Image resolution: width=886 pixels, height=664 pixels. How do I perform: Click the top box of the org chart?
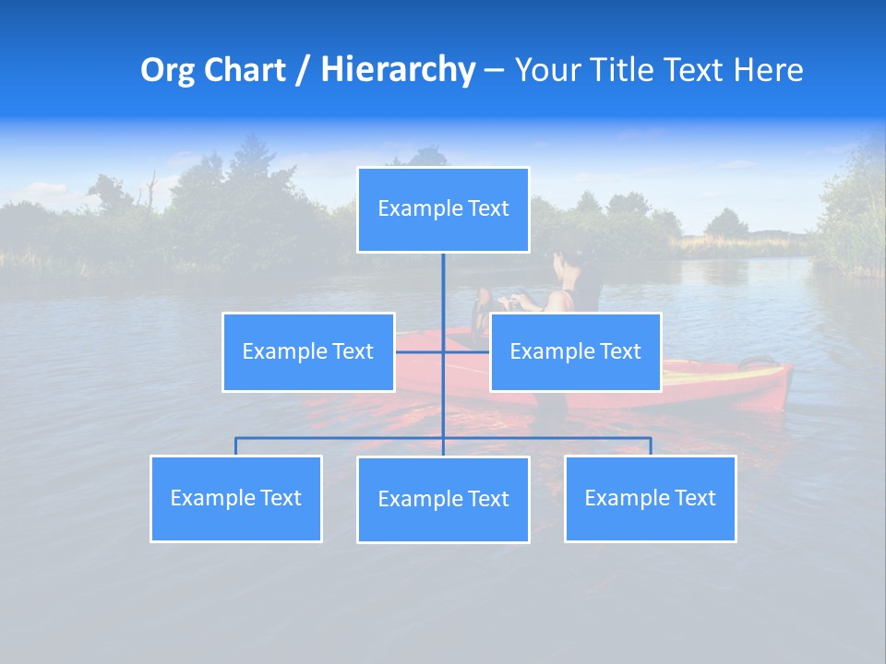(x=443, y=209)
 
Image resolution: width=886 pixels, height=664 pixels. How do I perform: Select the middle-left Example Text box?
(x=308, y=351)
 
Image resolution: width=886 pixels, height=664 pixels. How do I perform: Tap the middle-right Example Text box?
(x=575, y=351)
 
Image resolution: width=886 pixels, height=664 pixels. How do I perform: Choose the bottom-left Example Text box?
(x=235, y=498)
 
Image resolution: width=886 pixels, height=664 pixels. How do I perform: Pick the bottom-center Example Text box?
(x=443, y=499)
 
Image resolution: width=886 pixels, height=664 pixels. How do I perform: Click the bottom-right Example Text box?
(x=650, y=498)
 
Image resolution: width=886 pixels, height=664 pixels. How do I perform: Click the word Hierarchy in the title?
(x=398, y=70)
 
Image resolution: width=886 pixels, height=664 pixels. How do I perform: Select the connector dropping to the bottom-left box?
(x=235, y=446)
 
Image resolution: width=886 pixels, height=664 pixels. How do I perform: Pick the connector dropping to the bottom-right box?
(x=651, y=446)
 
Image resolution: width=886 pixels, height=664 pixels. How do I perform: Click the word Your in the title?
(x=546, y=70)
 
